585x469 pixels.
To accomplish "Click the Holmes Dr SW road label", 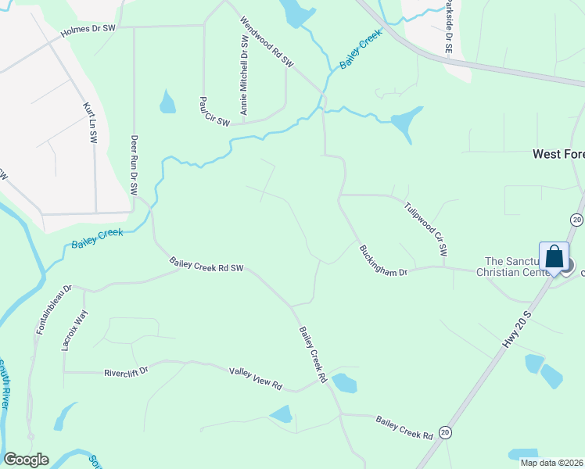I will pos(88,32).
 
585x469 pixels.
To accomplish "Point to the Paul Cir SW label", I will pos(214,112).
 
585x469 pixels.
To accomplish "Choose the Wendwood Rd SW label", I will pos(266,42).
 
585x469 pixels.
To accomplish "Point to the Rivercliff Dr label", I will pos(126,372).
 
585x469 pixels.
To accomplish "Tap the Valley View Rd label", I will pos(255,378).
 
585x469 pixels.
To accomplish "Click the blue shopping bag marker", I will pos(554,257).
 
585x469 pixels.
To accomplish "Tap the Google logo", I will pos(26,460).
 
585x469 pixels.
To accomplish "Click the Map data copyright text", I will pos(551,463).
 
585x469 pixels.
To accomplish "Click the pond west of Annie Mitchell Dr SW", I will pos(167,102).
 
